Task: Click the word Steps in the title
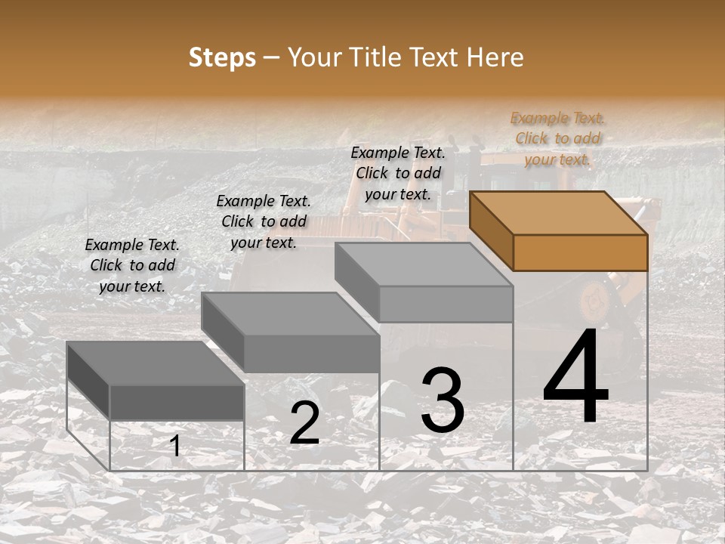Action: pyautogui.click(x=222, y=57)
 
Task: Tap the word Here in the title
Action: pyautogui.click(x=495, y=57)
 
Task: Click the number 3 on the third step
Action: pyautogui.click(x=442, y=400)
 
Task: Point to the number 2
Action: pyautogui.click(x=304, y=423)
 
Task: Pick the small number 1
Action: pyautogui.click(x=174, y=446)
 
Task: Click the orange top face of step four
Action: pyautogui.click(x=557, y=213)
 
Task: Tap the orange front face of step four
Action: pyautogui.click(x=580, y=252)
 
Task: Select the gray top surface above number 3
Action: pyautogui.click(x=423, y=264)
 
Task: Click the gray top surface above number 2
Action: pyautogui.click(x=289, y=314)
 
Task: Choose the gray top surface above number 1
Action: pyautogui.click(x=155, y=363)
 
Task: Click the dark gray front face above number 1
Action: pyautogui.click(x=177, y=402)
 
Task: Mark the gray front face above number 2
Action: pyautogui.click(x=311, y=354)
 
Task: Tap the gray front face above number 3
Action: pyautogui.click(x=446, y=304)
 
